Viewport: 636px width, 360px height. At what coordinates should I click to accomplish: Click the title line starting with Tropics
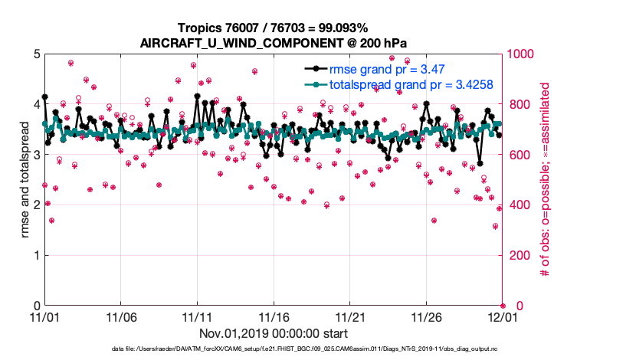coord(274,28)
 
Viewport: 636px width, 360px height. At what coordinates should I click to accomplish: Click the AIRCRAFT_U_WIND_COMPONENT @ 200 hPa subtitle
coord(274,43)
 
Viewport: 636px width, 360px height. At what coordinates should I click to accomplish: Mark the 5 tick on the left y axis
coord(35,54)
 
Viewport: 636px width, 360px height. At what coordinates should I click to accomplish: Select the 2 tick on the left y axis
coord(35,205)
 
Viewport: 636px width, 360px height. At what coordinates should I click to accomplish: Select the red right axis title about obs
coord(546,180)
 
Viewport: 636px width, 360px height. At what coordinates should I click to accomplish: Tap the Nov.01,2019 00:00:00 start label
coord(274,334)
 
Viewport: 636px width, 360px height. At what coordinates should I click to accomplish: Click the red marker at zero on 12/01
coord(503,306)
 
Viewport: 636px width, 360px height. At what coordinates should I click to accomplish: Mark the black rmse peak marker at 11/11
coord(198,97)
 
